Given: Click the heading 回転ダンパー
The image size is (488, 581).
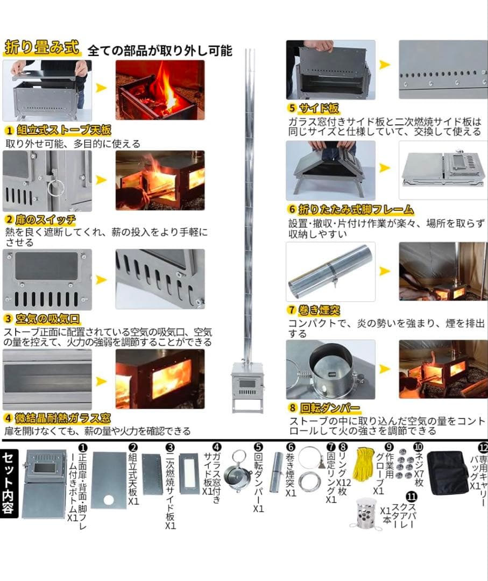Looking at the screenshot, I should pyautogui.click(x=328, y=408).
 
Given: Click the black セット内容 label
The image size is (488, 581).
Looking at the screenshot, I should pyautogui.click(x=10, y=482).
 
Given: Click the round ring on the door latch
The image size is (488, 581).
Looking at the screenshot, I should pyautogui.click(x=55, y=188).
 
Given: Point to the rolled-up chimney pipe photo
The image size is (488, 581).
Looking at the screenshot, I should pyautogui.click(x=330, y=271).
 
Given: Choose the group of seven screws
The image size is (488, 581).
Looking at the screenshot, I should pyautogui.click(x=404, y=464).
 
